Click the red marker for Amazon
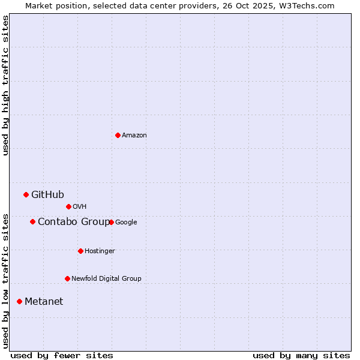click(x=118, y=135)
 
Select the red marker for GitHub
click(x=26, y=194)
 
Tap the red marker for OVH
click(x=68, y=206)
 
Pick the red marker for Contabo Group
click(x=32, y=221)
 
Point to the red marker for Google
click(x=111, y=222)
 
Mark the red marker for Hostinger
click(x=80, y=251)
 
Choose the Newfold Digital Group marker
click(x=67, y=278)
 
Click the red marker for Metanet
click(x=19, y=301)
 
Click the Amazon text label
click(x=134, y=136)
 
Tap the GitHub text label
click(x=47, y=194)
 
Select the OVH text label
click(x=80, y=207)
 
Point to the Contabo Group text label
click(x=73, y=222)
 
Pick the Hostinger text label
click(x=100, y=251)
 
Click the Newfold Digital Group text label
click(x=106, y=278)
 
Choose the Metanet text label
click(x=44, y=302)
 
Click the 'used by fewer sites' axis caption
click(x=62, y=355)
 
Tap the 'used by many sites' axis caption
click(x=301, y=355)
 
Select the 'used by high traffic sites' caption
click(x=5, y=85)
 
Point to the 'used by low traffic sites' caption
click(x=5, y=280)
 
